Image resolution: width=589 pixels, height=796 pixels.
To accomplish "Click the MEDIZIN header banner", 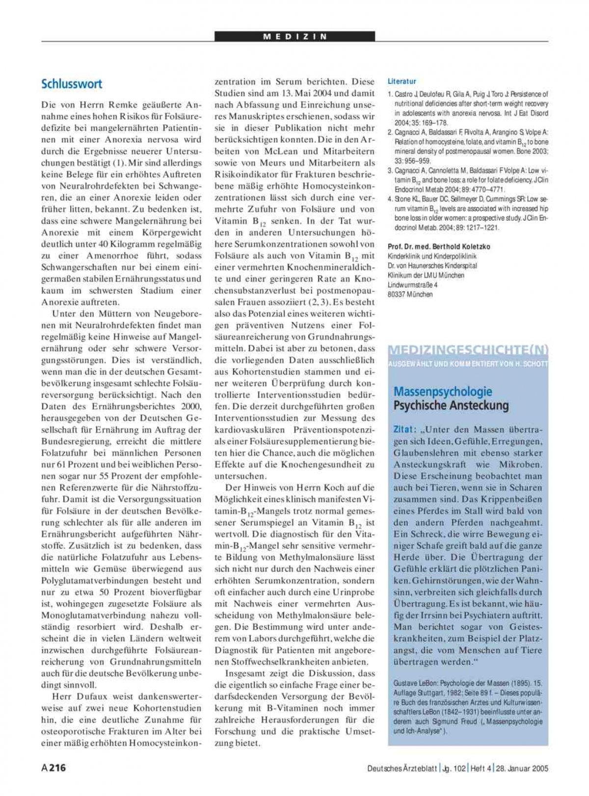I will click(294, 36).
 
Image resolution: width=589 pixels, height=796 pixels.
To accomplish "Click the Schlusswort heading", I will click(72, 84).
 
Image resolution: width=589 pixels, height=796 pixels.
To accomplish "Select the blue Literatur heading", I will click(402, 81).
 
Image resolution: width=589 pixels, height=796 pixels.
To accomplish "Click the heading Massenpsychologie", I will click(442, 392).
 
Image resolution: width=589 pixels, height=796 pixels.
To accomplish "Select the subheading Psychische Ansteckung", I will click(451, 406).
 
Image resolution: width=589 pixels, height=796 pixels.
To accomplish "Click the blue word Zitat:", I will click(405, 429).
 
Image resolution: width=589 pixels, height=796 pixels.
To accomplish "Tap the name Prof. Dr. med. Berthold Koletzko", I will click(439, 247).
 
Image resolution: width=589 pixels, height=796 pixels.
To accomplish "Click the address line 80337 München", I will click(410, 294).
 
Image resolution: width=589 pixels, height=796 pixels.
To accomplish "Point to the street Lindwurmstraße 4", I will click(412, 284).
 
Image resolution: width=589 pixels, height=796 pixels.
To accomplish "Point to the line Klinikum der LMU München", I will click(426, 275).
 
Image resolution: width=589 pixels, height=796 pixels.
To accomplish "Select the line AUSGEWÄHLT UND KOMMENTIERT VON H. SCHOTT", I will click(468, 363).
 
